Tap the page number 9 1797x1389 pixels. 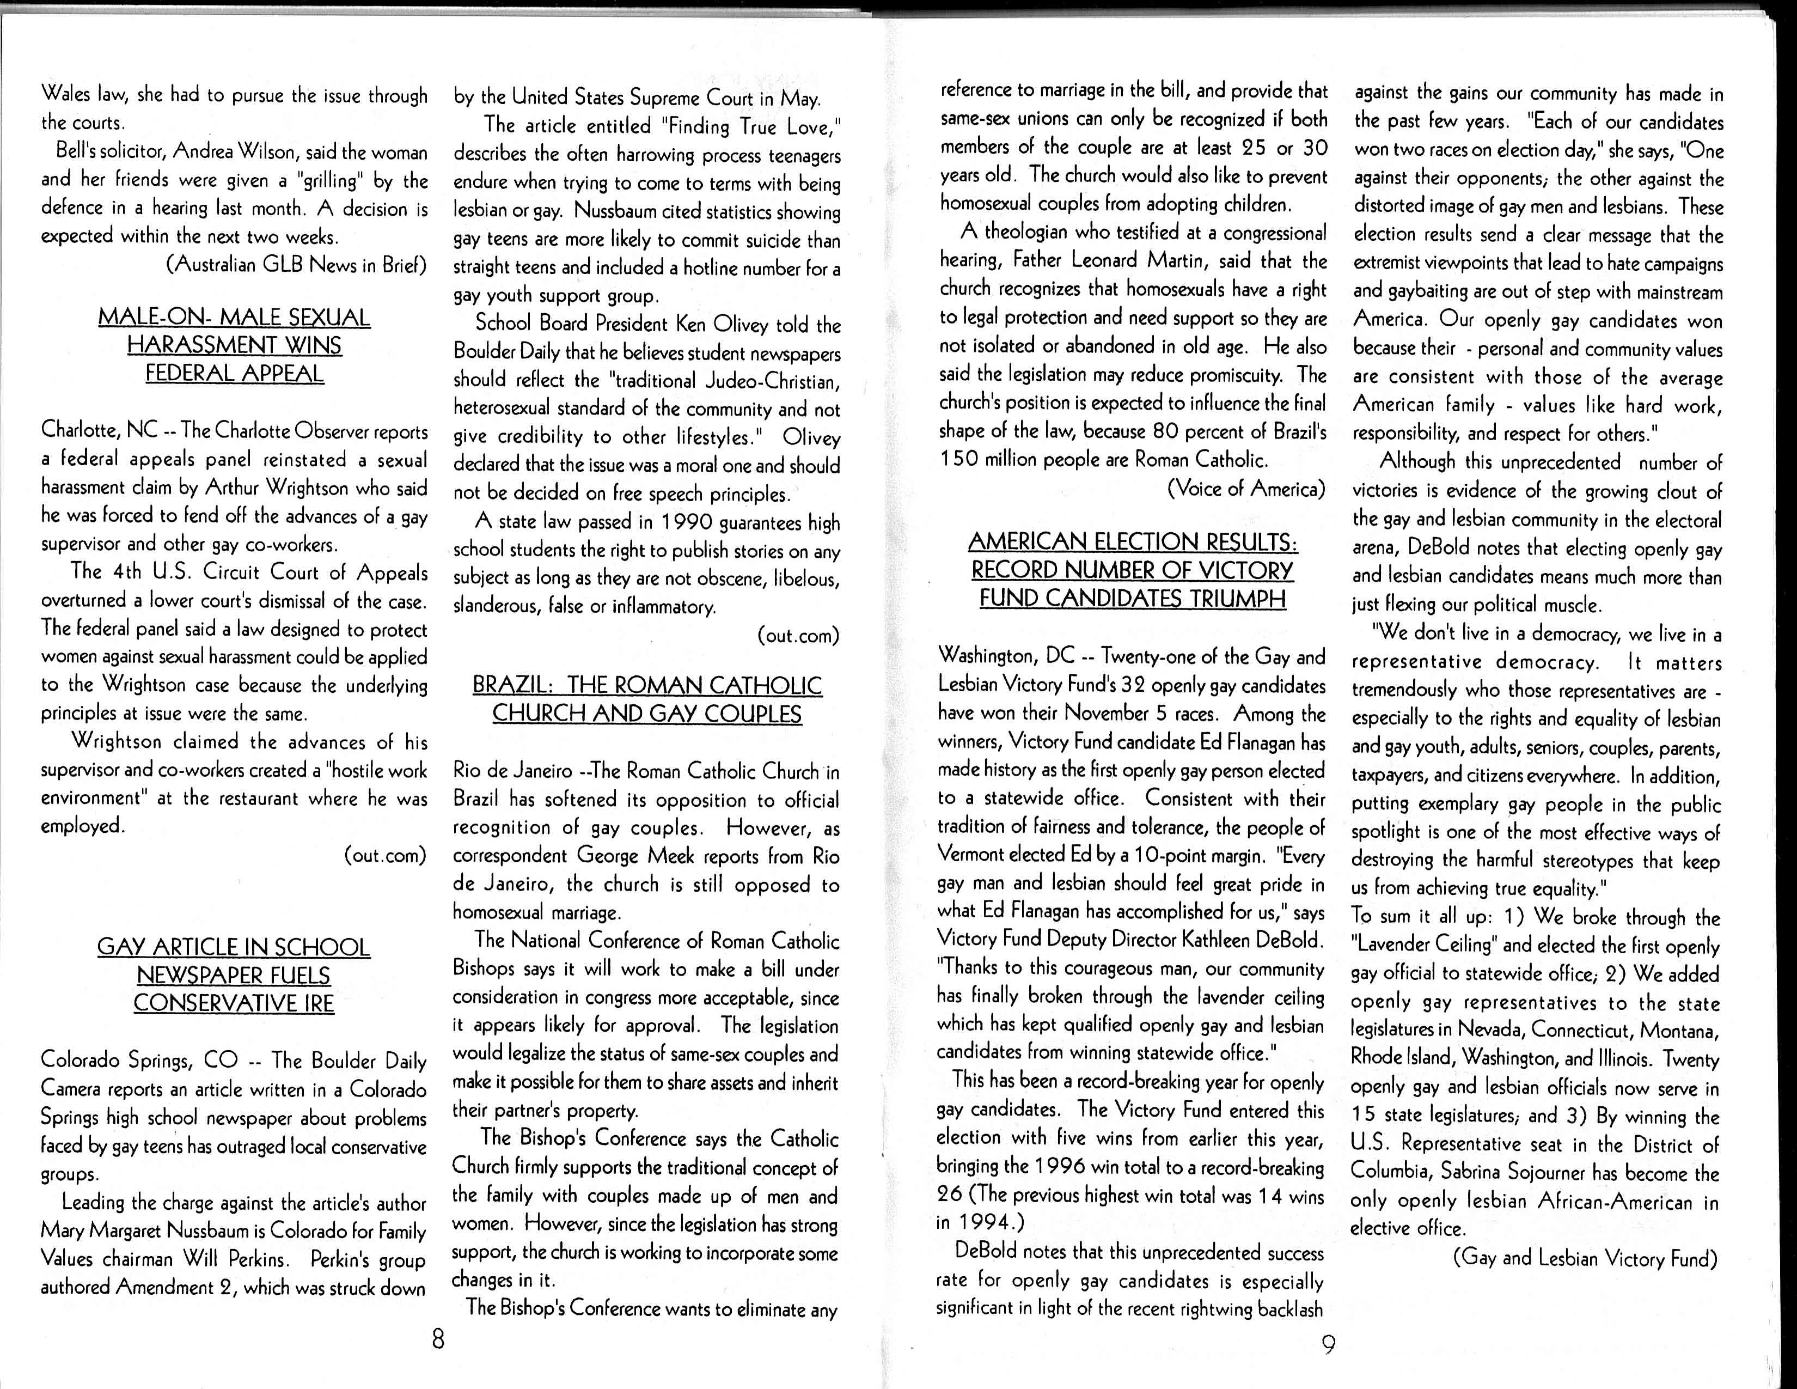pos(1328,1344)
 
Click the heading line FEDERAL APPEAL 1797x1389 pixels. pos(235,374)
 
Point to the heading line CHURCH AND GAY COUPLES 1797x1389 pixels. pos(647,714)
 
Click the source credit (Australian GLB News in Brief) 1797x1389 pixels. pos(296,265)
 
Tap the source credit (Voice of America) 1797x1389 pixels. pos(1246,489)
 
